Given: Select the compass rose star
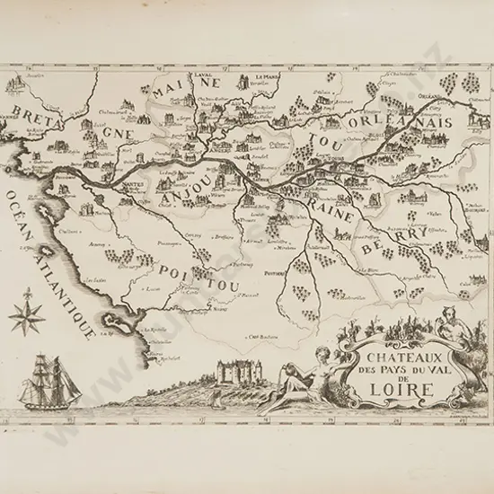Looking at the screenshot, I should click(28, 316).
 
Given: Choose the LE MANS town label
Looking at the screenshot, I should click(268, 77).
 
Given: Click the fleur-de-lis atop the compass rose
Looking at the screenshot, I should click(28, 294).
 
